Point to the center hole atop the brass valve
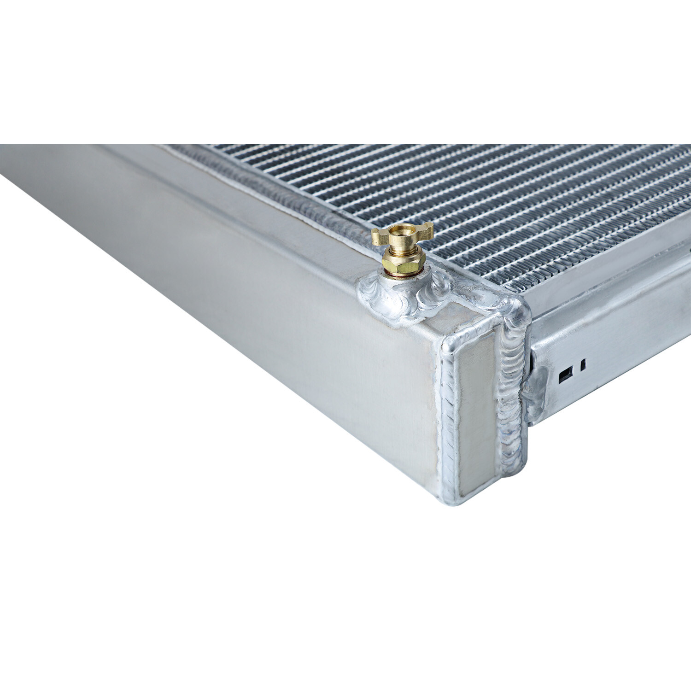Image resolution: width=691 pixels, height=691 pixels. click(x=402, y=229)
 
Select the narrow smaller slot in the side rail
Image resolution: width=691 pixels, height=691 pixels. click(x=583, y=365)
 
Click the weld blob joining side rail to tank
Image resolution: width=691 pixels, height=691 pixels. click(x=534, y=392)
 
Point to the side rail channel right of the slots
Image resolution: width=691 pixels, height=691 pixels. click(x=636, y=336)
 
